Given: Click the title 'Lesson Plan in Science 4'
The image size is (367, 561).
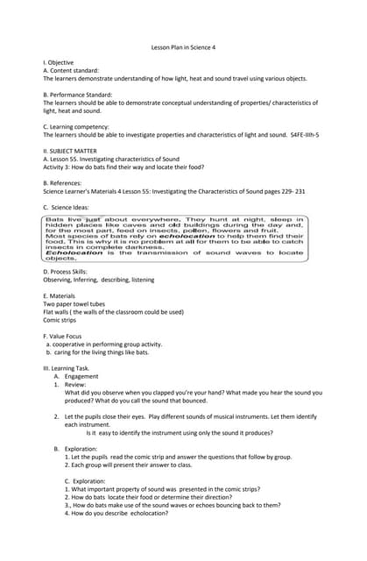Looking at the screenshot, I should pyautogui.click(x=183, y=49).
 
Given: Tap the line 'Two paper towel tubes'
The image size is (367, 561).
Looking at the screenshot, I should pyautogui.click(x=77, y=303).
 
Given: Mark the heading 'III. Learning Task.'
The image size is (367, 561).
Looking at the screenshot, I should pyautogui.click(x=68, y=368).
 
